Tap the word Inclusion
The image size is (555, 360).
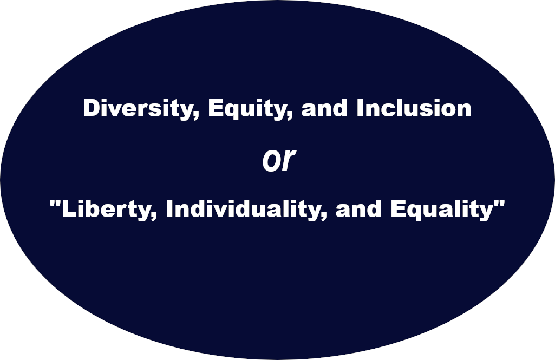(414, 108)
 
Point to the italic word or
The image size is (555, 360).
(278, 160)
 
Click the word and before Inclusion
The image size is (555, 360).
(324, 108)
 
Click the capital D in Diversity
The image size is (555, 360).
(91, 108)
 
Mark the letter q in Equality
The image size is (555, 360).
(414, 212)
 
